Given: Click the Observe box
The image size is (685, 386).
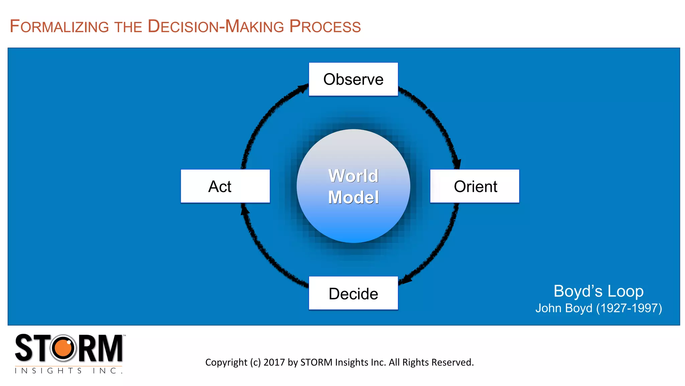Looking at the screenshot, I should pos(353,79).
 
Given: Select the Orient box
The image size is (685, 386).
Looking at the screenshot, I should pos(475,186).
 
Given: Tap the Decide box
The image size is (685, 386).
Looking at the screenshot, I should pos(353,294).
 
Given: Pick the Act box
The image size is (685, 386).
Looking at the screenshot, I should pos(225,186).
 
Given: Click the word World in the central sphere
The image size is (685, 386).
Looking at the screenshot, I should pos(353,176).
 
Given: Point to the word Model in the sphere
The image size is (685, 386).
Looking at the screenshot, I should pos(353,197).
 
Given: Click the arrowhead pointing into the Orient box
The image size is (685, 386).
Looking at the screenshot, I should pos(457,164).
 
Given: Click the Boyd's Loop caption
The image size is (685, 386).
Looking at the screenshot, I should pos(598,291).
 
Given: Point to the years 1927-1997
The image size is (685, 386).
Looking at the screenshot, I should pos(629,308).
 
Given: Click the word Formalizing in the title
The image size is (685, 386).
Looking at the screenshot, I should pos(59,26).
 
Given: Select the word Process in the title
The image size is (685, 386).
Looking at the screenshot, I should pos(325,26).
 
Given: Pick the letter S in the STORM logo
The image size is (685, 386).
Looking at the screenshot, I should pos(24,348).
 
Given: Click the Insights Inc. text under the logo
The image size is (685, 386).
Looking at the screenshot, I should pos(69,371).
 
